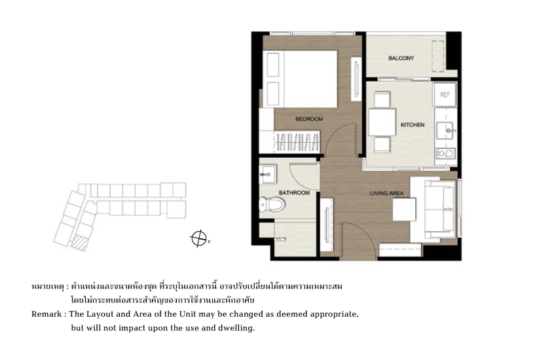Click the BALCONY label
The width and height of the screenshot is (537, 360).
(x=401, y=58)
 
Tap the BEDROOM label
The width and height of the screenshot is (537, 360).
(x=309, y=119)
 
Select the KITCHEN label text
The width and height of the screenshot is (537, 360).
(x=413, y=125)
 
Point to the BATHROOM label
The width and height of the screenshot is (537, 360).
(x=294, y=192)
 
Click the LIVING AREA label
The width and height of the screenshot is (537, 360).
(x=386, y=193)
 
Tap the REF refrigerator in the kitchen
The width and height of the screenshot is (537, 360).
(x=445, y=94)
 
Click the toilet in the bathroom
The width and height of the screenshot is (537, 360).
(x=272, y=205)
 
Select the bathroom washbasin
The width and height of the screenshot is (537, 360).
(x=267, y=174)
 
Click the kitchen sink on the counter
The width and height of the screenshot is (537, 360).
(x=445, y=131)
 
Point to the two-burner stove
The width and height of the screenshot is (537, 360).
(x=445, y=154)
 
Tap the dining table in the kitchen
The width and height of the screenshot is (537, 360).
(x=382, y=122)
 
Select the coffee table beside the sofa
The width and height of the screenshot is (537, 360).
(x=404, y=209)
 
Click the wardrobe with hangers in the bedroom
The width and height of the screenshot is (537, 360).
(x=297, y=141)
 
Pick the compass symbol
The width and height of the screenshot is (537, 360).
(x=198, y=238)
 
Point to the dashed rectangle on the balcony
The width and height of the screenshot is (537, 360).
(x=438, y=56)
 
